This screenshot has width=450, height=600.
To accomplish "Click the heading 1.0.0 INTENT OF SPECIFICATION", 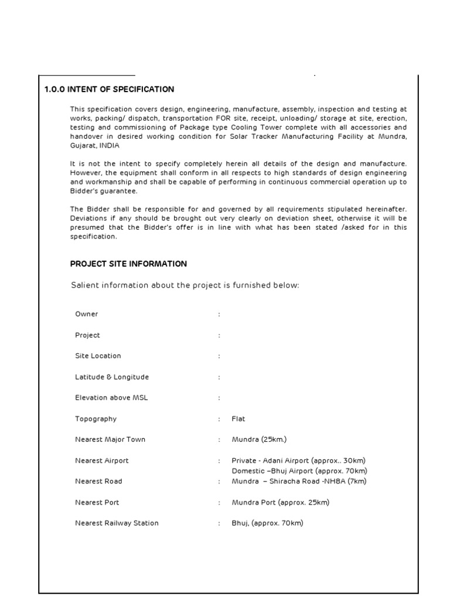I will click(x=110, y=90).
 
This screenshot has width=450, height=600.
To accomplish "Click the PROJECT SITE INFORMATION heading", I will click(x=128, y=264).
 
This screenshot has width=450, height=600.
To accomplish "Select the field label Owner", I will click(x=87, y=314).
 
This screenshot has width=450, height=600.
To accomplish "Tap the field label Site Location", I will click(x=98, y=356).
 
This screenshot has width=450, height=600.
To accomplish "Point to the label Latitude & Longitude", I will click(x=112, y=377).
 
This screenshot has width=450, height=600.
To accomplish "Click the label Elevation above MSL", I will click(x=111, y=398).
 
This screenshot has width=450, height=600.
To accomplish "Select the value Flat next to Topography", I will click(x=238, y=419).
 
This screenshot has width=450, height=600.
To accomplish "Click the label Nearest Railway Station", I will click(x=117, y=523).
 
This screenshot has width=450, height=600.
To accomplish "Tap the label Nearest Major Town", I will click(x=110, y=439).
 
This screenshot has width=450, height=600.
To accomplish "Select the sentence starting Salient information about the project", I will click(x=185, y=285).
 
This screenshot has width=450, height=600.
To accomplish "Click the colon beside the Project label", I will click(x=219, y=335).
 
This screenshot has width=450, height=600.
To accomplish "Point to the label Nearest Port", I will click(x=97, y=502).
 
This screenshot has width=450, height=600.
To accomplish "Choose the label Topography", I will click(x=96, y=419).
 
